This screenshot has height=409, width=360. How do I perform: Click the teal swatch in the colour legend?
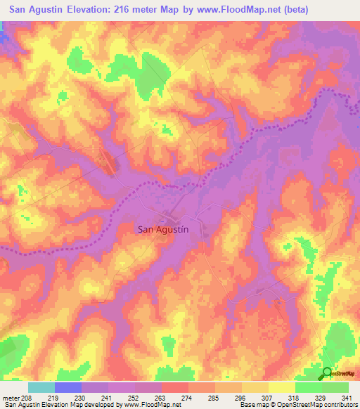(x=41, y=387)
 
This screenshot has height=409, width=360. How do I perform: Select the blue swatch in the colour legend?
(x=68, y=387)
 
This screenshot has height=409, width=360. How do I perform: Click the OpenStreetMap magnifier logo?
(x=327, y=374)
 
